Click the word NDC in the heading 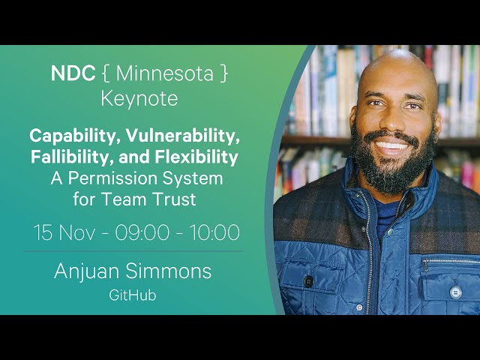(73, 73)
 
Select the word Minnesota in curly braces (165, 73)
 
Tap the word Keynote (139, 99)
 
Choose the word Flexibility (196, 157)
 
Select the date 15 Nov (64, 232)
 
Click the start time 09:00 (142, 232)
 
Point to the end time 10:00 (214, 232)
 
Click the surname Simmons (168, 271)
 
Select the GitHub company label (133, 295)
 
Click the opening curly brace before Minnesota (106, 74)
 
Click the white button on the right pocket (455, 292)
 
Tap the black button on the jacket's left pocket (308, 281)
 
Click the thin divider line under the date (134, 251)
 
